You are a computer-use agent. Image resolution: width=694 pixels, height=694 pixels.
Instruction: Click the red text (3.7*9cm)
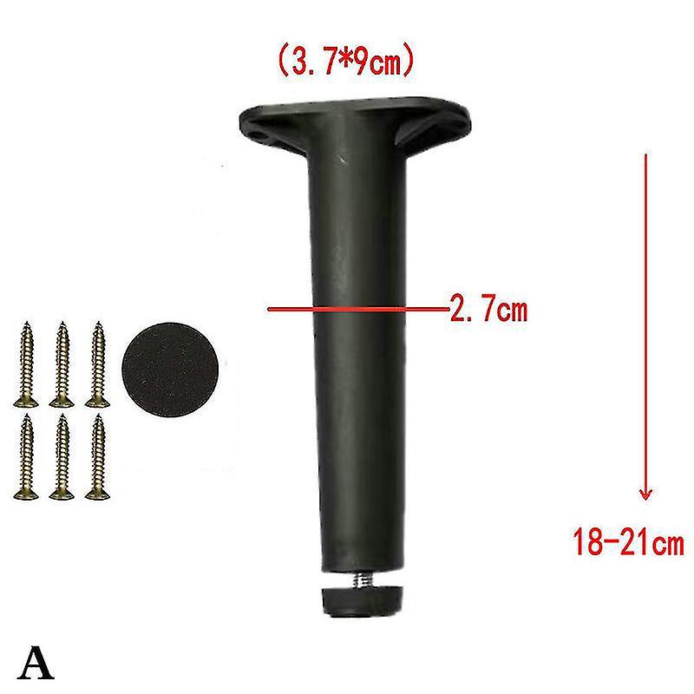[345, 61]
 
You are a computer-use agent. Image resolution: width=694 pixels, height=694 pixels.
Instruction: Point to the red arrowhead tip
[645, 500]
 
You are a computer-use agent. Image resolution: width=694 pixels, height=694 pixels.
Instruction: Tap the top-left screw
[26, 363]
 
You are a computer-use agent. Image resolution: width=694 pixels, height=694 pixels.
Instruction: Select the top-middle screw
[62, 363]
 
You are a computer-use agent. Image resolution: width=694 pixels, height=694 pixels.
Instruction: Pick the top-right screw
[98, 363]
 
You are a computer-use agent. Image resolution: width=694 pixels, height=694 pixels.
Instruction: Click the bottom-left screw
[26, 456]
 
